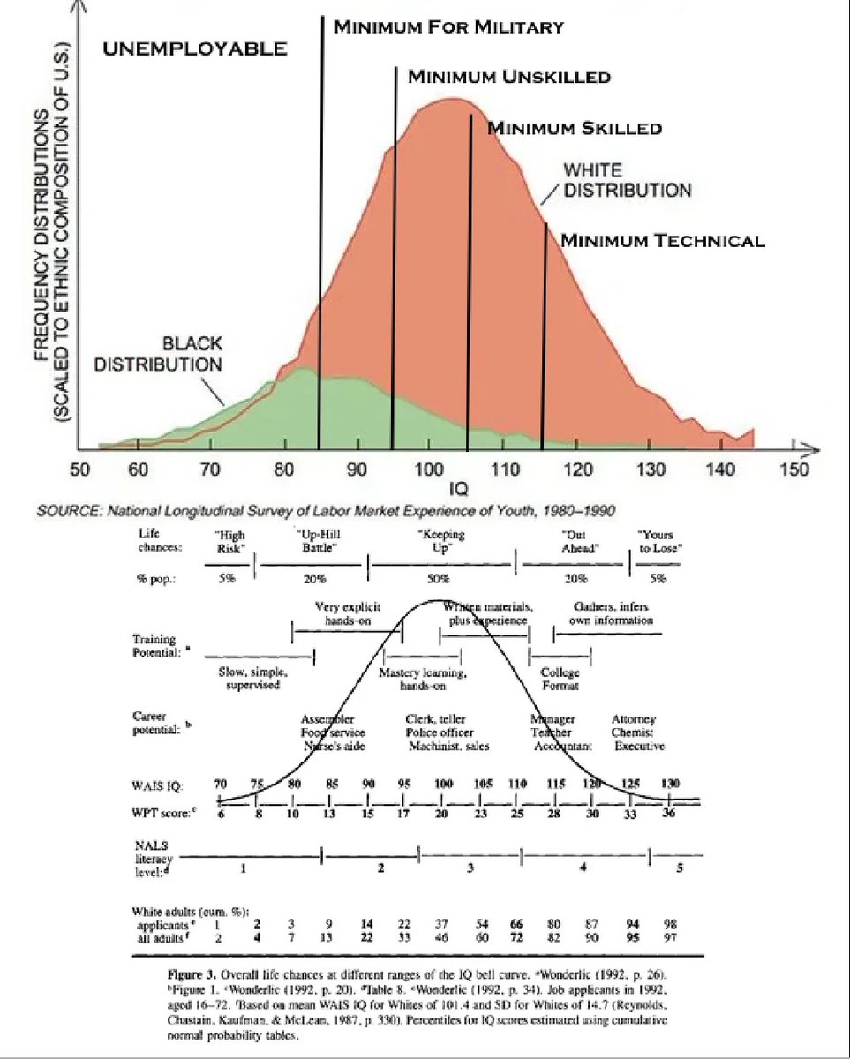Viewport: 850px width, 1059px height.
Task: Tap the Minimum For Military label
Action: pyautogui.click(x=448, y=27)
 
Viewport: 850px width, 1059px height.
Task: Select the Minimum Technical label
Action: pyautogui.click(x=662, y=240)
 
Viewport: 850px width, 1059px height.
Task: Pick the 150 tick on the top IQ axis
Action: pyautogui.click(x=794, y=468)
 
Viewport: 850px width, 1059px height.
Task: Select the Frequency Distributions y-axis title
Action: pyautogui.click(x=51, y=229)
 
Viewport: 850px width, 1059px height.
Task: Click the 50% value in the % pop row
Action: pyautogui.click(x=439, y=580)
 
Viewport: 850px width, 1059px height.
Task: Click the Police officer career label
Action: pyautogui.click(x=440, y=732)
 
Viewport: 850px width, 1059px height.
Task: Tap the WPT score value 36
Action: pyautogui.click(x=668, y=814)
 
